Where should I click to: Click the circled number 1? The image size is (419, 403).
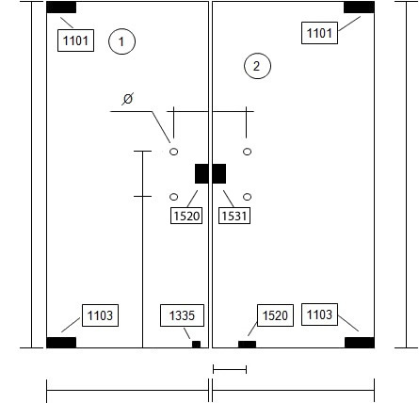tap(121, 41)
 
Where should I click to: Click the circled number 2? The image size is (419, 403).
tap(257, 66)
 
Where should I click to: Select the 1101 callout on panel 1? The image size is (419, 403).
tap(75, 40)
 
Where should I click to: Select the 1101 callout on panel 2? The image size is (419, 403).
tap(319, 33)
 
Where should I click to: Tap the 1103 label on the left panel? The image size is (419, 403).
tap(100, 315)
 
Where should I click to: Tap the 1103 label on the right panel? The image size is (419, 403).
tap(319, 314)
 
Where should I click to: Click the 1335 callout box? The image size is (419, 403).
tap(182, 315)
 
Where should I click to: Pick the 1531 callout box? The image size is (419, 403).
tap(234, 216)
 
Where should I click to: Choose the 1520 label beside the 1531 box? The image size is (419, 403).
tap(186, 216)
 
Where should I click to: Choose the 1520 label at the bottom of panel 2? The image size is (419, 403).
tap(275, 315)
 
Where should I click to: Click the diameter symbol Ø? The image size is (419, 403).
tap(128, 99)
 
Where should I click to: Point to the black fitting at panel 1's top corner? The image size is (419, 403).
tap(61, 8)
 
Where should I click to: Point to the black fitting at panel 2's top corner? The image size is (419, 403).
tap(359, 8)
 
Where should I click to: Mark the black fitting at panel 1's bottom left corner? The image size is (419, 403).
tap(61, 343)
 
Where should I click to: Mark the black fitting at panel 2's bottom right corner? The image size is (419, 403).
tap(360, 343)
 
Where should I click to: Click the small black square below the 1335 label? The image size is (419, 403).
tap(196, 345)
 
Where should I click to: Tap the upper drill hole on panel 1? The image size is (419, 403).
tap(174, 152)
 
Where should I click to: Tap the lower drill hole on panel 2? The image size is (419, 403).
tap(248, 197)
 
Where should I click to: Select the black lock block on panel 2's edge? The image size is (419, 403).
tap(219, 173)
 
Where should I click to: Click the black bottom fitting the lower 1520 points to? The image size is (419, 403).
tap(247, 345)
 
